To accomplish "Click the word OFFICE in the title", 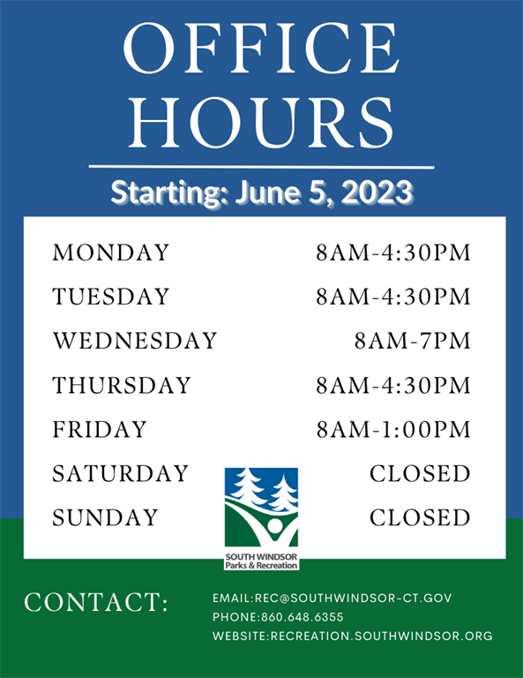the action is coord(261,49).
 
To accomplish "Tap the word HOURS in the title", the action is coord(261,123).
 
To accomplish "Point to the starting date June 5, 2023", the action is coord(324,192).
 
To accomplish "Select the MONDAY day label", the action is coord(110,253).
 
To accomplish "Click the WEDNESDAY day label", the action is coord(135,341).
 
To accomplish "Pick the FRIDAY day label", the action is coord(100,429).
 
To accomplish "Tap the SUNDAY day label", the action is coord(105,517).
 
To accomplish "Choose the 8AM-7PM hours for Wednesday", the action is coord(413,341).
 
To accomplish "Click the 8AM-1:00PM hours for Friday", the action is coord(393,429).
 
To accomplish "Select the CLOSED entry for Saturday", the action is coord(420,473).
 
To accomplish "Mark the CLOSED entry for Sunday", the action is coord(420,517).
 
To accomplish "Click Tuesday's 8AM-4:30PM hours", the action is coord(393,297).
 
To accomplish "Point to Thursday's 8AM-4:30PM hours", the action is coord(393,385).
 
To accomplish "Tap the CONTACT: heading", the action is coord(96,602).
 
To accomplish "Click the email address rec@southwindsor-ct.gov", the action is coord(354,598).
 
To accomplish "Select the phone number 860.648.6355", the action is coord(303,617).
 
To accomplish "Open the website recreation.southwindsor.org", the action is coord(382,636).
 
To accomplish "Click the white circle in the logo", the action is coord(274,526).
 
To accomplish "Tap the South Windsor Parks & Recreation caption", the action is coord(261,561).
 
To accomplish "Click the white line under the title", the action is coord(261,167).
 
